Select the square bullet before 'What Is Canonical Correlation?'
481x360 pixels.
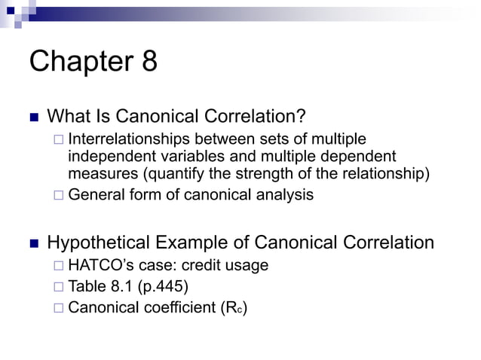pyautogui.click(x=33, y=117)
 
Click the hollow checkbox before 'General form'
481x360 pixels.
pyautogui.click(x=59, y=195)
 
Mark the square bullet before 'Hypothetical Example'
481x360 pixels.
pyautogui.click(x=33, y=243)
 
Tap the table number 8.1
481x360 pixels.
pyautogui.click(x=121, y=286)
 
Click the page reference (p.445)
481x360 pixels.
pyautogui.click(x=164, y=286)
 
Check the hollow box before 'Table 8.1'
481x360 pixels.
pyautogui.click(x=59, y=286)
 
